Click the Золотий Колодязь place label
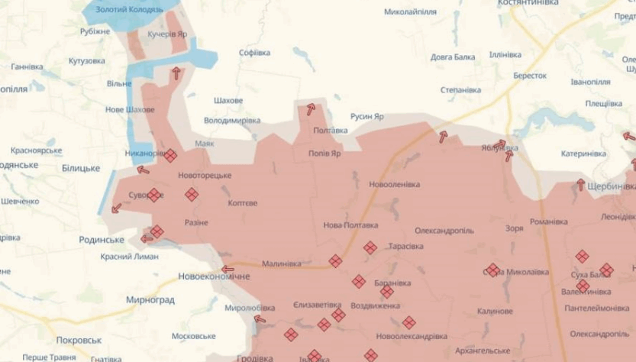tap(134, 9)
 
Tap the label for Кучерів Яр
tap(166, 34)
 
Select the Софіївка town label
tap(254, 53)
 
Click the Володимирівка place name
tap(232, 121)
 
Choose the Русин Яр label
tap(366, 116)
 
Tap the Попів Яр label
tap(324, 153)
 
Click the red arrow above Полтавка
tap(311, 109)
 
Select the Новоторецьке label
tap(205, 175)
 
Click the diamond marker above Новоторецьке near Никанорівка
tap(170, 155)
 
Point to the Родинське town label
tap(102, 239)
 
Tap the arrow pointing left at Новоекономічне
tap(228, 269)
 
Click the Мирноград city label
tap(150, 300)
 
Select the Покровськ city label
tap(79, 340)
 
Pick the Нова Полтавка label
tap(350, 225)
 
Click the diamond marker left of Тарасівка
tap(370, 247)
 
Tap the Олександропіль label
tap(444, 230)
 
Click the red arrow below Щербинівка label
tap(580, 184)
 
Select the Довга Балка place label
tap(452, 57)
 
